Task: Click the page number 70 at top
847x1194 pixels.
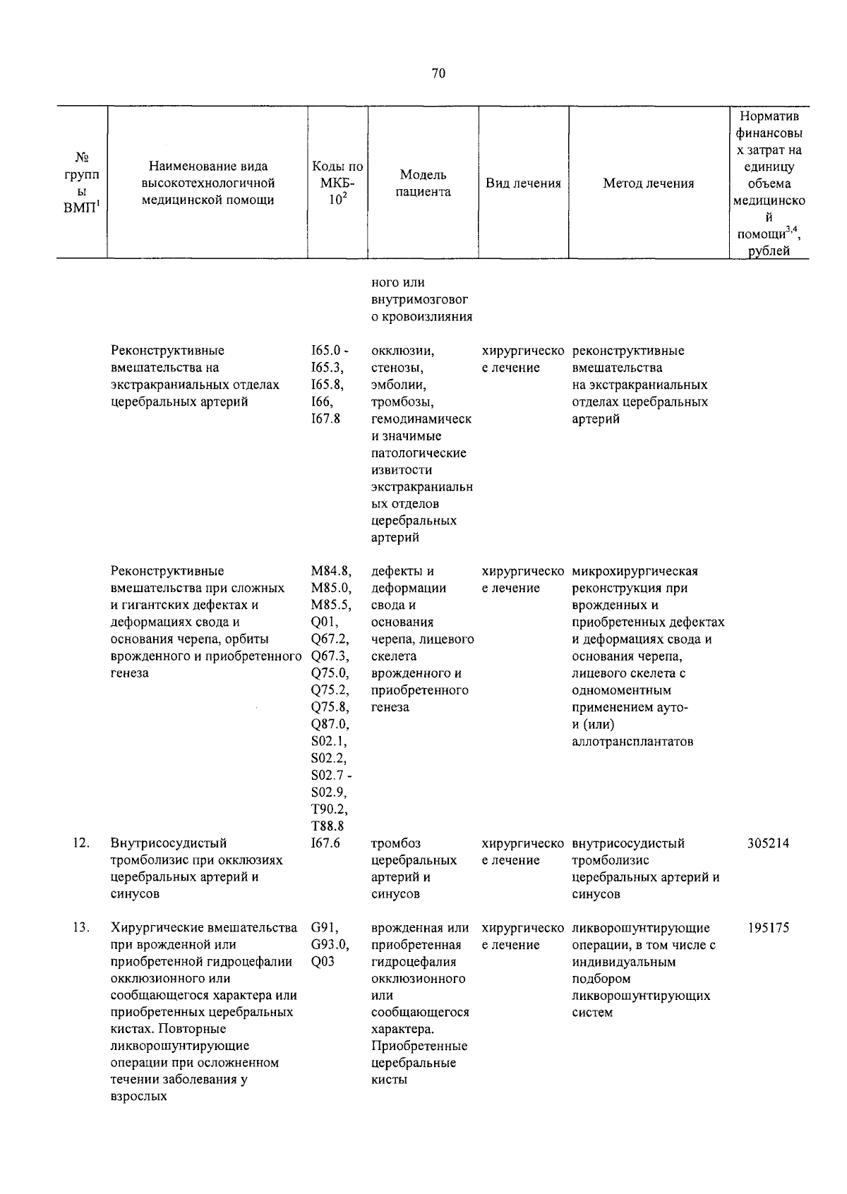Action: pos(438,73)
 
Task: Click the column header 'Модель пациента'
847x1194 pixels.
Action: pos(423,183)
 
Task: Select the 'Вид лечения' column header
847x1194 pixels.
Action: pos(523,183)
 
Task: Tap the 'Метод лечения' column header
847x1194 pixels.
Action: pos(648,183)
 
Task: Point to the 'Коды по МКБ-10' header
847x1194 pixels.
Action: pos(337,183)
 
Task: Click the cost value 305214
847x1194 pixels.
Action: pos(768,843)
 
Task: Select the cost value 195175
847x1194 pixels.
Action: pos(768,928)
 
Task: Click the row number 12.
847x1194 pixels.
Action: pos(80,843)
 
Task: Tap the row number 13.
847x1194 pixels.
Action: pos(80,928)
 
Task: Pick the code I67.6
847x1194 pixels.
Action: pos(325,843)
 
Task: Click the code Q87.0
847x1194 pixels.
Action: pos(330,724)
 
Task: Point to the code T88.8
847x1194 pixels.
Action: pos(328,826)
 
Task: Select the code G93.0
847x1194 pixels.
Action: pos(330,945)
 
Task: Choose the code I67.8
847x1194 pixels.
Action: pos(325,419)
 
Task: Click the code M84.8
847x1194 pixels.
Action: pos(330,572)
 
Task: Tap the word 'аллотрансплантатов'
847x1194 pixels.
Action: pos(632,742)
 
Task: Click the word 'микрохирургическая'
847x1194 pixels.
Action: pos(635,572)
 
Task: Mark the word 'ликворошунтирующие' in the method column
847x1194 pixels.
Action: pos(641,928)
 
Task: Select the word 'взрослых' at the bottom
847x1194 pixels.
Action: pos(138,1097)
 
